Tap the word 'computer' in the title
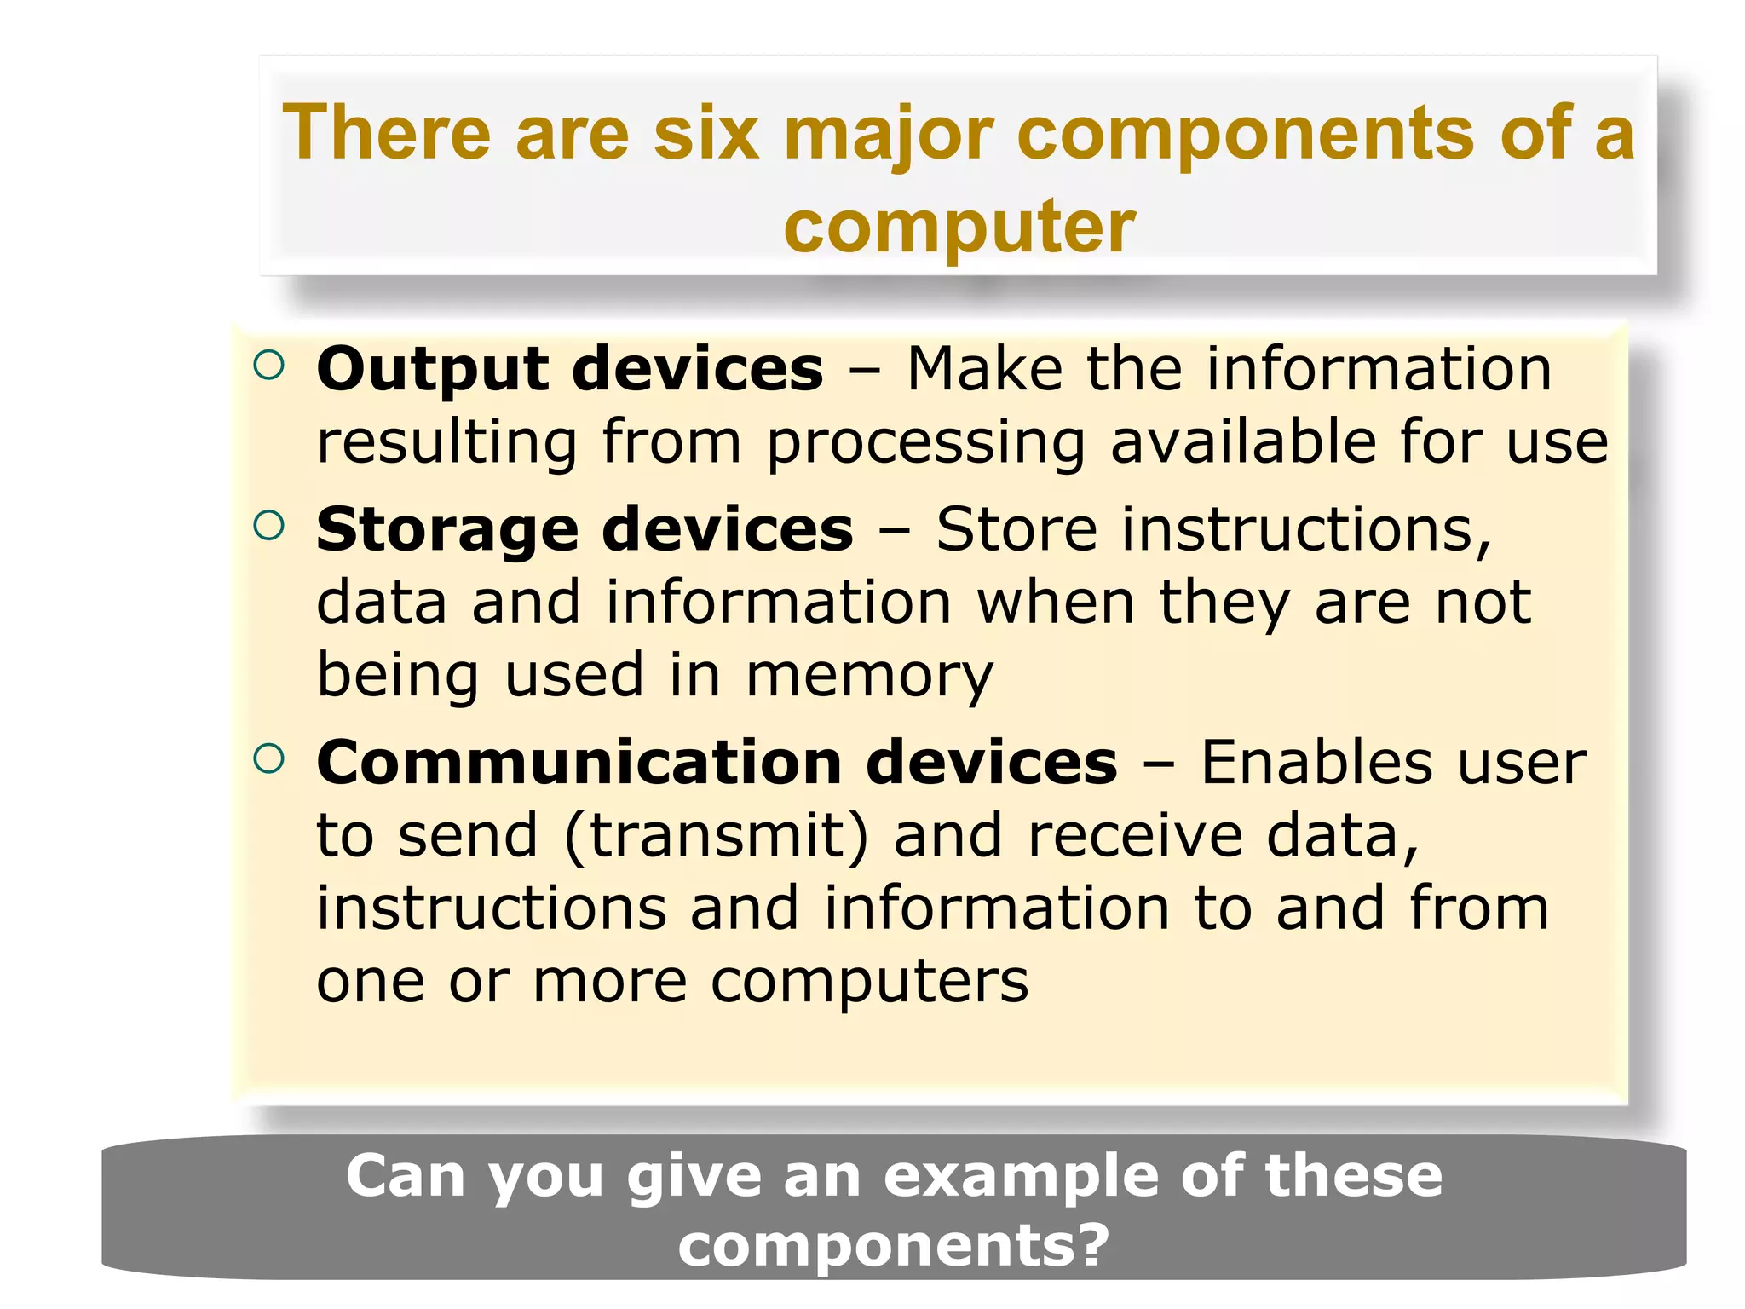tap(959, 226)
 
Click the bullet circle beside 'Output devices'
tap(268, 366)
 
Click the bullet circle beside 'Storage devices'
tap(268, 526)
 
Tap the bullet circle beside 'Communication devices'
tap(268, 758)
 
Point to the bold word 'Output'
tap(433, 370)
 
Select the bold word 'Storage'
tap(447, 530)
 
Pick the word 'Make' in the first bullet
tap(984, 370)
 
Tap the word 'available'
tap(1243, 442)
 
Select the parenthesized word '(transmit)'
tap(717, 835)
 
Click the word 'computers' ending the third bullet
tap(870, 983)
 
